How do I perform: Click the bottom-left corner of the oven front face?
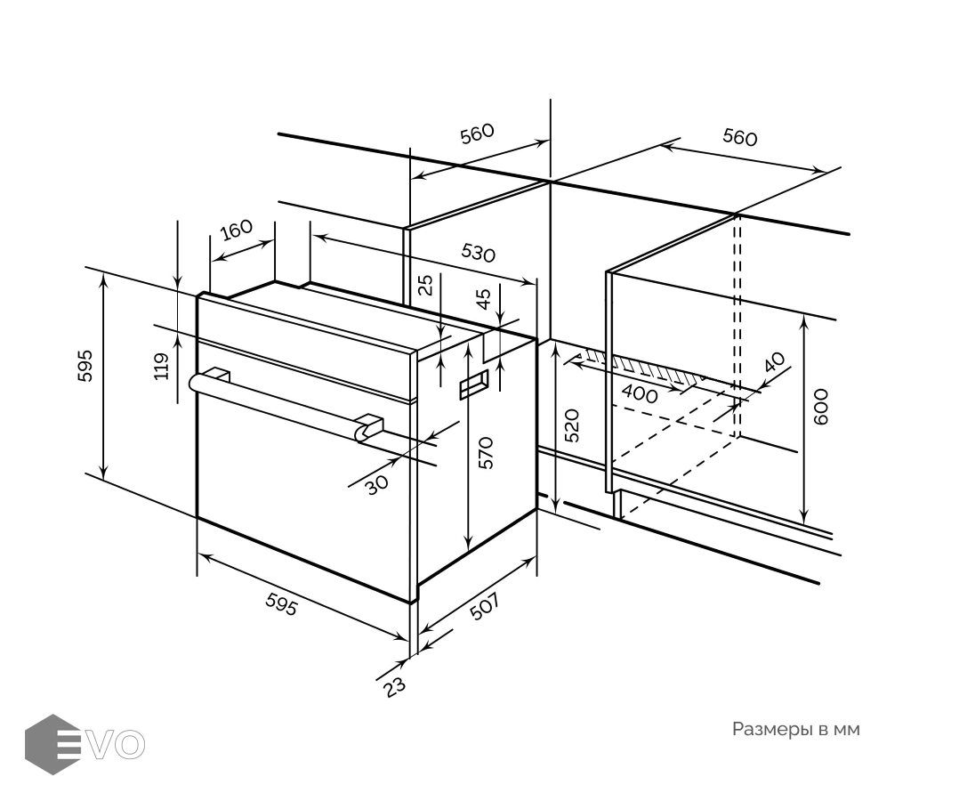click(197, 518)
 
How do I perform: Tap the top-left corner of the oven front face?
click(197, 296)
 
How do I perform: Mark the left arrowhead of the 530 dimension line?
click(318, 236)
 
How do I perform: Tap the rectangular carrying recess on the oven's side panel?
click(474, 384)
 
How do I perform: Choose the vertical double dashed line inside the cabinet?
click(737, 325)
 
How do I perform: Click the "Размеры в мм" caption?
click(795, 729)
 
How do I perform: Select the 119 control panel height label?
click(162, 367)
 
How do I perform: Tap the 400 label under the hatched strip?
click(639, 394)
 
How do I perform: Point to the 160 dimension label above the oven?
click(236, 231)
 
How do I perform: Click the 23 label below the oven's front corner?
click(394, 686)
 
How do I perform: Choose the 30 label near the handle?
click(377, 484)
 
